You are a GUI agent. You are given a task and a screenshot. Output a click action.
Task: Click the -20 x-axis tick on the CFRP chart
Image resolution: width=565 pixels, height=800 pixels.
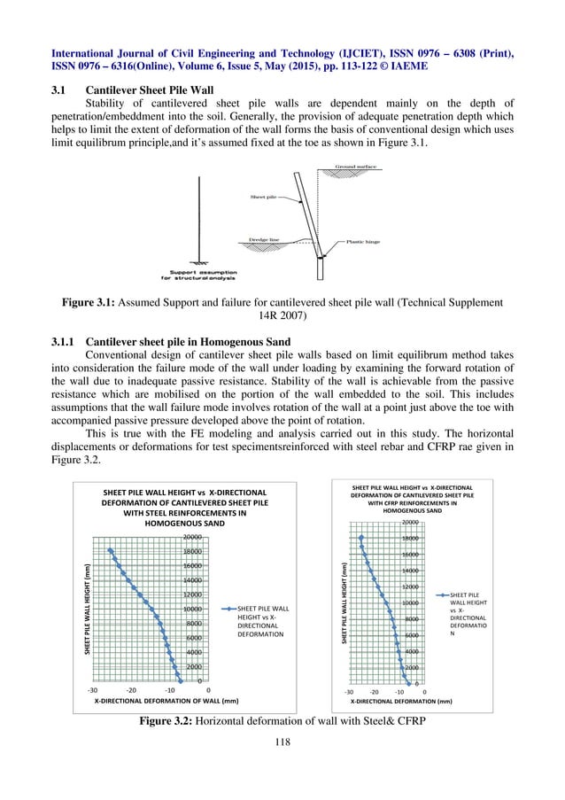(375, 690)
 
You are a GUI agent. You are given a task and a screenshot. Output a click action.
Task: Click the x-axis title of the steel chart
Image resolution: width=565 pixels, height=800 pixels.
(166, 700)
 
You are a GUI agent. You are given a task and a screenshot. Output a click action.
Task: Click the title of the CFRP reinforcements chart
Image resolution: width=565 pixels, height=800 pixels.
(412, 499)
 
